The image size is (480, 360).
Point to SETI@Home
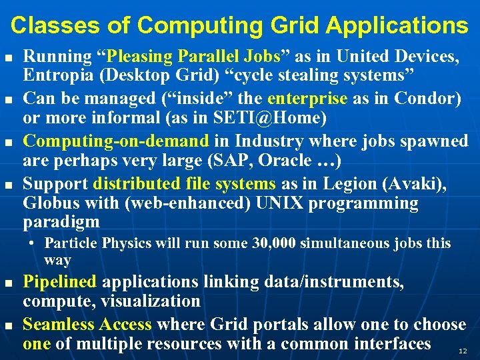[273, 118]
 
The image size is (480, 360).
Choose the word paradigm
[61, 221]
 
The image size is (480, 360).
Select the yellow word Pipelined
[60, 283]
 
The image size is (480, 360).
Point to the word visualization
[151, 301]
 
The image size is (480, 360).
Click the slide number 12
[463, 350]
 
